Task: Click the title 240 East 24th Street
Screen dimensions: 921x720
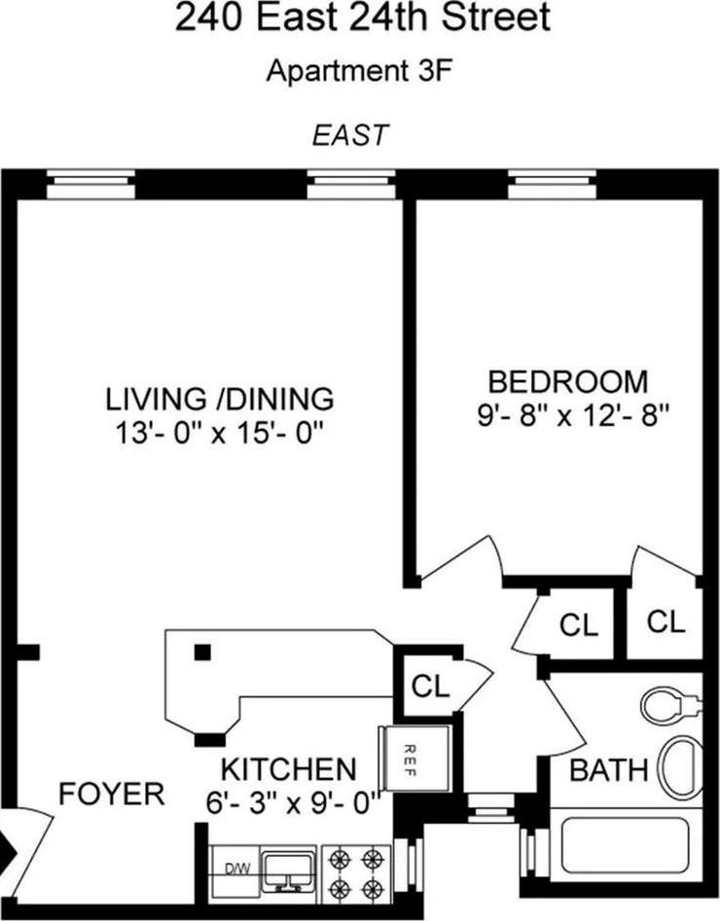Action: (x=361, y=19)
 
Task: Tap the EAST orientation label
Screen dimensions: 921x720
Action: (x=349, y=135)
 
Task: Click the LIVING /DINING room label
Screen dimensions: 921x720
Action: (x=220, y=399)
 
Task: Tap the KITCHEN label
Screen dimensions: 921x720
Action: (x=288, y=769)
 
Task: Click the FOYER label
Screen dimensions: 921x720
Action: (x=112, y=794)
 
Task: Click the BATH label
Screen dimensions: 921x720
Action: (x=608, y=771)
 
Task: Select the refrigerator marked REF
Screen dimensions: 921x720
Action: (x=414, y=759)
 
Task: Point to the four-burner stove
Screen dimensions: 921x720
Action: (x=355, y=872)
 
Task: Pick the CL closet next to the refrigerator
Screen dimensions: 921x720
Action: (x=430, y=685)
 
